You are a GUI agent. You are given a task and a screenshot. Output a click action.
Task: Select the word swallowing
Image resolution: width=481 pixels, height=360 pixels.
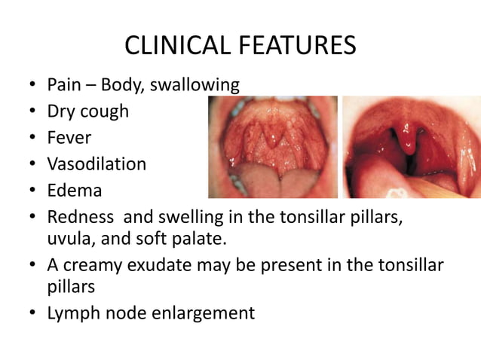click(195, 85)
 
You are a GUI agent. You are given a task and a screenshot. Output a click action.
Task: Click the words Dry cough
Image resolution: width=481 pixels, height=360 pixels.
click(87, 112)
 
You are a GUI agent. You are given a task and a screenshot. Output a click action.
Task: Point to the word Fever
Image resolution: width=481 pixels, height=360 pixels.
click(69, 139)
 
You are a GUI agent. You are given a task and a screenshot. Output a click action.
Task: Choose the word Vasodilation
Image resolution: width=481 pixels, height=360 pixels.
click(97, 164)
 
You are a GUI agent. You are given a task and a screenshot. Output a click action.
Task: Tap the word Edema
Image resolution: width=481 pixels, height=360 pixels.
click(74, 191)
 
